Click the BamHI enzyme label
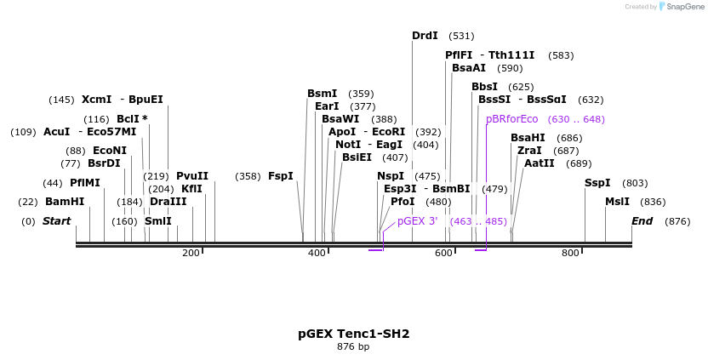pos(65,202)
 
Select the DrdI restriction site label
pos(425,36)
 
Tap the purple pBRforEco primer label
pos(512,119)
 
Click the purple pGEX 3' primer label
pos(417,221)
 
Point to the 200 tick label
pos(191,253)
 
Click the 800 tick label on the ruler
pos(570,253)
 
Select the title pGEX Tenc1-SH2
pos(353,334)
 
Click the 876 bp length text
pos(353,347)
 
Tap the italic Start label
pos(56,221)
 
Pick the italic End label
pos(642,221)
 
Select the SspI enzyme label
pos(597,183)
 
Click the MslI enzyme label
pos(617,202)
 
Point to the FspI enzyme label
pos(281,176)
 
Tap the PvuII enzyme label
pos(192,176)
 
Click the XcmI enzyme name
pos(97,100)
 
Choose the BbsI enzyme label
pos(484,87)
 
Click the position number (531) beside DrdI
pos(461,36)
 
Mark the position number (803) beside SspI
pos(635,183)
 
